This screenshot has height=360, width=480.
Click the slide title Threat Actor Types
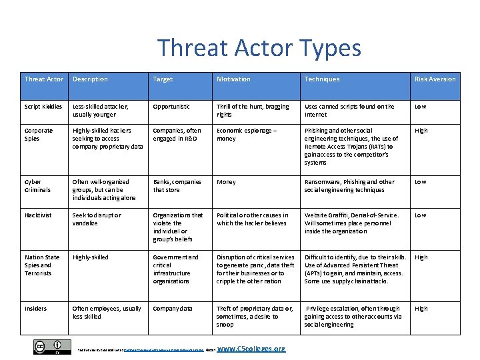tap(259, 48)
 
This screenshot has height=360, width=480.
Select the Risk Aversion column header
tap(435, 79)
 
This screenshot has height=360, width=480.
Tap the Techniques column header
tap(322, 79)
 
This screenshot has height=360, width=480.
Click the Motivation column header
tap(233, 79)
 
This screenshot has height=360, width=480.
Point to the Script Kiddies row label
tap(43, 107)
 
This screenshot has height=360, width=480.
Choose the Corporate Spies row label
tap(39, 135)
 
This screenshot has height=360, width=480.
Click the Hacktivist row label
tap(38, 215)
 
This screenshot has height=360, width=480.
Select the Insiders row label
tap(36, 309)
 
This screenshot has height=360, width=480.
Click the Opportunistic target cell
tap(171, 107)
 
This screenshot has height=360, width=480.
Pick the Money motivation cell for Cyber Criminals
tap(226, 182)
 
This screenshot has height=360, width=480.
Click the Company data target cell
tap(173, 309)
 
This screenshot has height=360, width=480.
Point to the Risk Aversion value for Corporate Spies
tap(421, 131)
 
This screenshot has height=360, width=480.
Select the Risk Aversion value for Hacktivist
tap(420, 215)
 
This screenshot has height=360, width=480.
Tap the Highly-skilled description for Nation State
tap(90, 257)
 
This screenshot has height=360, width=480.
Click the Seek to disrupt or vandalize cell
tap(97, 219)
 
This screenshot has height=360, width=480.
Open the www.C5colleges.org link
tap(251, 349)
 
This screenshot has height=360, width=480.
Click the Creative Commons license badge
tap(52, 347)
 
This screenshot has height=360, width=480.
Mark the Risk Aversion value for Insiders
tap(421, 309)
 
